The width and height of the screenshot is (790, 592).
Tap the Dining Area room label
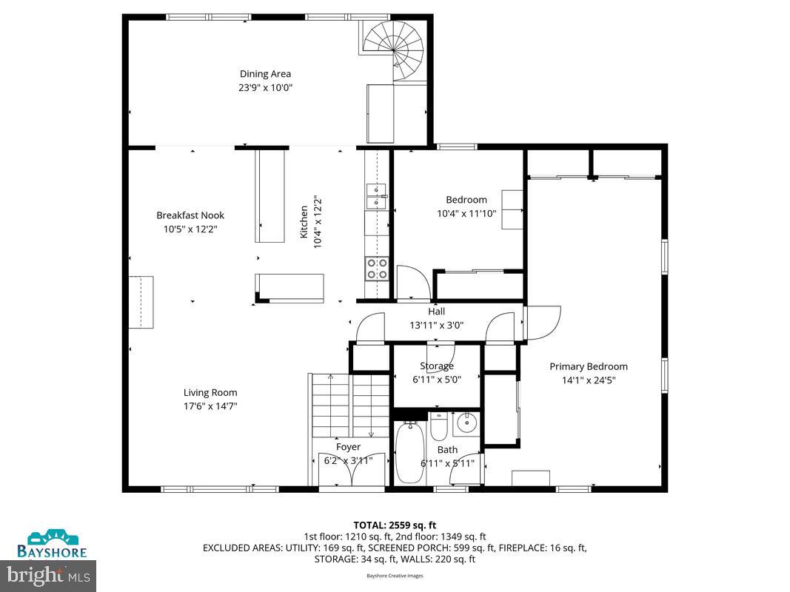tap(265, 74)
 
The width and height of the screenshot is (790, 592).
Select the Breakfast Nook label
tap(190, 215)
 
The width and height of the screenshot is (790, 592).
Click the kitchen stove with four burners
tap(377, 268)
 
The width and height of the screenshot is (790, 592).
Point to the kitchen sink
tap(377, 195)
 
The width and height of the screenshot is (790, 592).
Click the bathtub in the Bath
tap(409, 452)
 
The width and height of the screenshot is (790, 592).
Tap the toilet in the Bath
tap(438, 426)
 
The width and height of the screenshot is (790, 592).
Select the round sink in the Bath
tap(466, 425)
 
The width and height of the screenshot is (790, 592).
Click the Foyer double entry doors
tap(351, 469)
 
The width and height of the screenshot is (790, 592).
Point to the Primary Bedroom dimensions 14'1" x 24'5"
tap(588, 380)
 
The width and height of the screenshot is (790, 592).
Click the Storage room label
tap(436, 366)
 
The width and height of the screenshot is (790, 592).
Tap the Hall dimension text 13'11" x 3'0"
tap(436, 325)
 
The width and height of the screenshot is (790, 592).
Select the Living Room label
tap(210, 393)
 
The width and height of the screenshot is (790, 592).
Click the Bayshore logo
tap(53, 544)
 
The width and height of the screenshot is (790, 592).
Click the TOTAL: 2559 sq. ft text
tap(395, 525)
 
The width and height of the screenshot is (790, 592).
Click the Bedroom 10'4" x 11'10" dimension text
tap(466, 213)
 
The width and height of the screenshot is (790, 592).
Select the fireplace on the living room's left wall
tap(141, 302)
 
